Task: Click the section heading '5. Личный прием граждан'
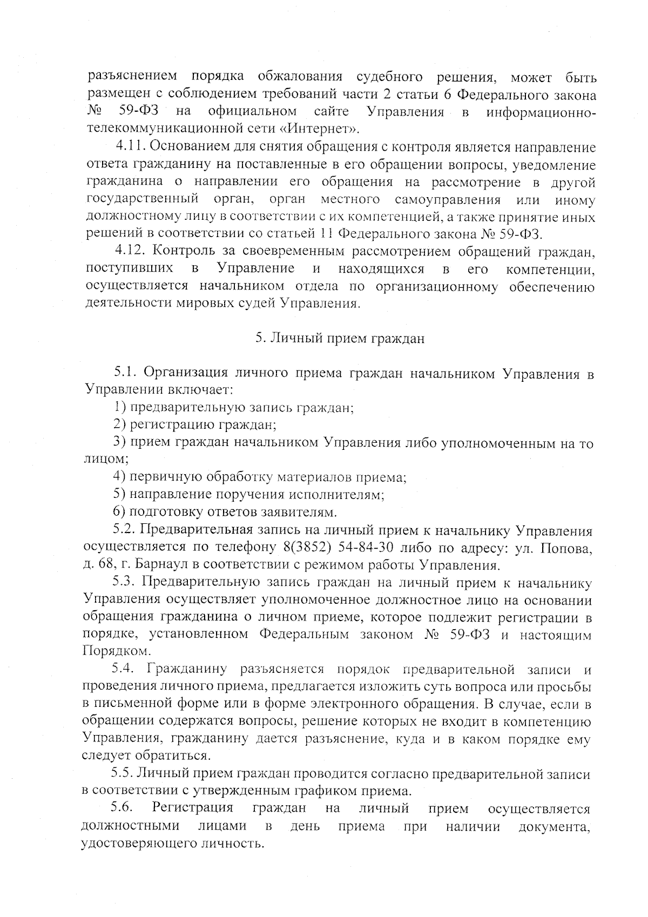[340, 339]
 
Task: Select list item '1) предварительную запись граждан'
[233, 408]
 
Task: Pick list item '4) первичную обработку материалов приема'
[259, 477]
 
